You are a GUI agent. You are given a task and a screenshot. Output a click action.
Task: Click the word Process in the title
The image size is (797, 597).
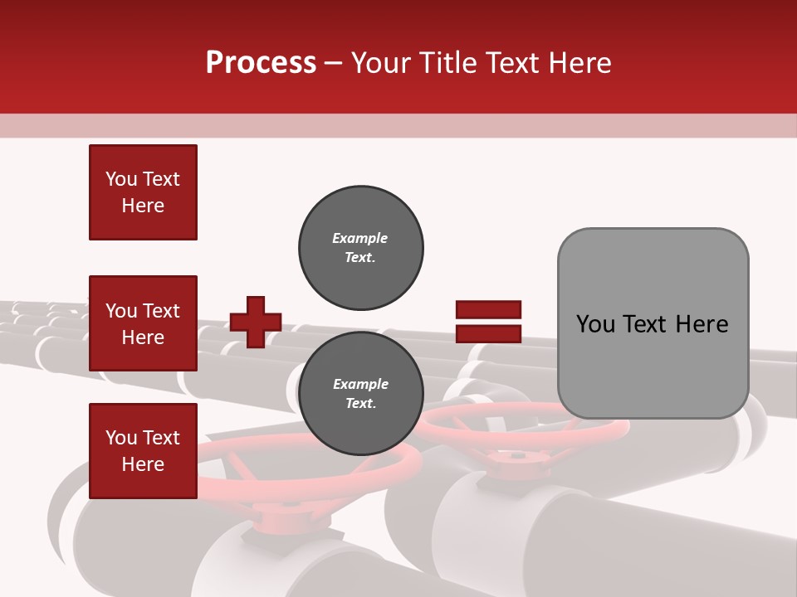click(x=261, y=63)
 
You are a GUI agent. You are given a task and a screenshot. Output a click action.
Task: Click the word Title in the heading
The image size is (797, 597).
click(x=445, y=63)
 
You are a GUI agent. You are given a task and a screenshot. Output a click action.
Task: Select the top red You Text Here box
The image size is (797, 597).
click(x=143, y=192)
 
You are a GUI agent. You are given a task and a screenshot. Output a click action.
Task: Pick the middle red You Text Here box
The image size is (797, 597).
click(x=143, y=323)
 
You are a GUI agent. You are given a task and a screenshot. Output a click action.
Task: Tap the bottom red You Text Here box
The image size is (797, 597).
click(x=143, y=450)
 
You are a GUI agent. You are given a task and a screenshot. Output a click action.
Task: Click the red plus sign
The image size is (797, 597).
click(x=256, y=322)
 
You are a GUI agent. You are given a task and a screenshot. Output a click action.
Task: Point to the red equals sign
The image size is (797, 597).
click(x=489, y=322)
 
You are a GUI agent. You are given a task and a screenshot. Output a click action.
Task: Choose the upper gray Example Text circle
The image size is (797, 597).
click(x=360, y=248)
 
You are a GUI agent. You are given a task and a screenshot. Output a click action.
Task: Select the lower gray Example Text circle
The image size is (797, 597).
click(x=360, y=394)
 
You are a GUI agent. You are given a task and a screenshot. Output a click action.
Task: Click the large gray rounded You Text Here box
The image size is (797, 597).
click(x=653, y=323)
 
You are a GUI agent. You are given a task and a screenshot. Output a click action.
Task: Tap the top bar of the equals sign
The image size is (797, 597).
click(x=489, y=310)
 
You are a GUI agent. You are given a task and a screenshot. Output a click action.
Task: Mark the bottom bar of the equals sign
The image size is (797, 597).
click(x=489, y=333)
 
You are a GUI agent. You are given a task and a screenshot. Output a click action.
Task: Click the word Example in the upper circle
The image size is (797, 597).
click(x=360, y=238)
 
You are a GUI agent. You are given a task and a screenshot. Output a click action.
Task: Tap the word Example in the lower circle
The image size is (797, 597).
click(x=360, y=384)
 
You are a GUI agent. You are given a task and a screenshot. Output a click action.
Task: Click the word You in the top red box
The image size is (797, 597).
click(x=121, y=179)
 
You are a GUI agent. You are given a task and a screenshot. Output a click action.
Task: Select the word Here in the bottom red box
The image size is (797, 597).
click(x=143, y=464)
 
